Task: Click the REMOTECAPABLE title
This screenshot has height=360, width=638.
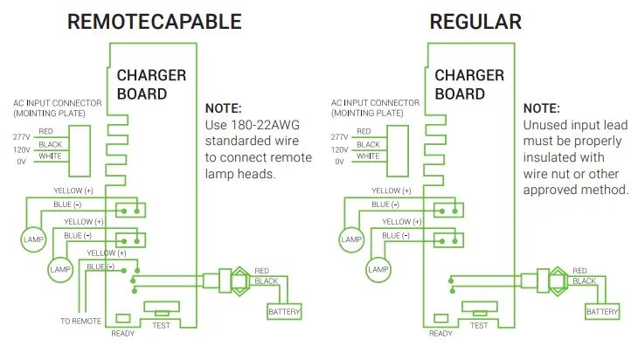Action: (156, 23)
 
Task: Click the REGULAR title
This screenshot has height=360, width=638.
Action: (475, 23)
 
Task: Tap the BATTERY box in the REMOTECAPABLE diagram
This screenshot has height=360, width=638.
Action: (285, 311)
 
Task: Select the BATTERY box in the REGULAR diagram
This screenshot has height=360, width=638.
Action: (603, 311)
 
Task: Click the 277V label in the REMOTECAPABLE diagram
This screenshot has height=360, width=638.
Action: (21, 136)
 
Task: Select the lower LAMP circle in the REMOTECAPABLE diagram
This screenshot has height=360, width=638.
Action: (60, 269)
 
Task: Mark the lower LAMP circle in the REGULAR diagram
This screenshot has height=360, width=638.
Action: (378, 269)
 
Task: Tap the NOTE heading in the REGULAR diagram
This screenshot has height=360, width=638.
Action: (541, 108)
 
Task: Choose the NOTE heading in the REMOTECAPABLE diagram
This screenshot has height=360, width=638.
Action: (223, 108)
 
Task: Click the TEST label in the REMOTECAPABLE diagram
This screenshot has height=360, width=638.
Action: (162, 325)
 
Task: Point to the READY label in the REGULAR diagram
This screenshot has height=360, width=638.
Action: (441, 333)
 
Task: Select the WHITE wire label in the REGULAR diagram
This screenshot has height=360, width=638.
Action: (367, 156)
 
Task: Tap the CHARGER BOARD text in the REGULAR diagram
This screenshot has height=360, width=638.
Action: (469, 84)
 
